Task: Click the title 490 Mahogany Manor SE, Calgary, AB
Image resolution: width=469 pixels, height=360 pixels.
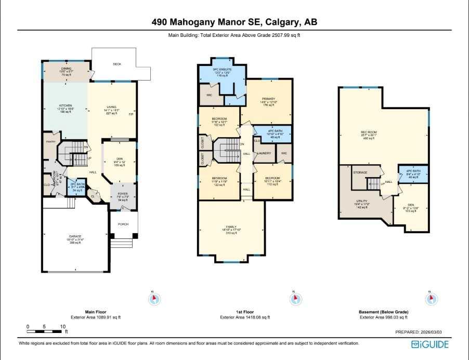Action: (234, 22)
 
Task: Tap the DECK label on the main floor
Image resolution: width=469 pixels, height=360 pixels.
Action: (117, 64)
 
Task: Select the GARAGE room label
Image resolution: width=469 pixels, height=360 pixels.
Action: (75, 236)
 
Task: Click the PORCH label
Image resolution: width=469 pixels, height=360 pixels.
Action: (123, 224)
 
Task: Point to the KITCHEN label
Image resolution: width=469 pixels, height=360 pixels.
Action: (65, 105)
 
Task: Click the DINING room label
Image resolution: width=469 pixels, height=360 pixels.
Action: (66, 68)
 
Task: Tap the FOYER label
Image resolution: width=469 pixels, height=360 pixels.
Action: (123, 193)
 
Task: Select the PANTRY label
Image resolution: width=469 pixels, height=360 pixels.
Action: (50, 141)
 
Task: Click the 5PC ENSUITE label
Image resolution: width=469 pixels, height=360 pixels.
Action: (222, 69)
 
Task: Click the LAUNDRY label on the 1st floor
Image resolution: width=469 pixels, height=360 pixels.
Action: (265, 153)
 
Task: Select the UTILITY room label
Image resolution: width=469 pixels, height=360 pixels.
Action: (362, 201)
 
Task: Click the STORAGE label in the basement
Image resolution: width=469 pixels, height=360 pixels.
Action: (360, 172)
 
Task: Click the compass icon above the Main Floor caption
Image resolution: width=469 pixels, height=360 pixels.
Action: (154, 299)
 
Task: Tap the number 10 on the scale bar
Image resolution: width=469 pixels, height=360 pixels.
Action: (62, 327)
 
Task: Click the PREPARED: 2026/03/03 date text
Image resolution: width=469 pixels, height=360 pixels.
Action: (422, 331)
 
